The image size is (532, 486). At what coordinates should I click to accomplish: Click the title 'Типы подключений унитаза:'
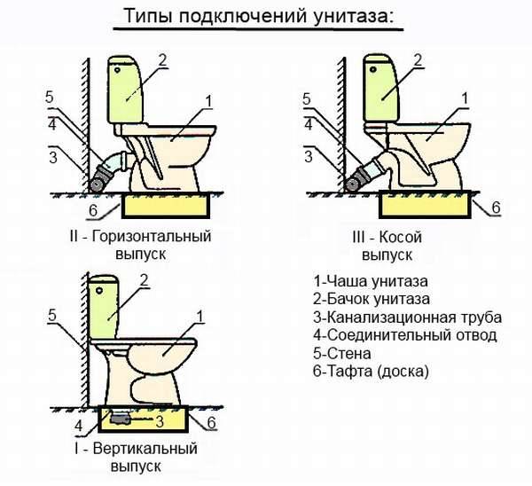(266, 18)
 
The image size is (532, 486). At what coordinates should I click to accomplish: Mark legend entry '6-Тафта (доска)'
(371, 372)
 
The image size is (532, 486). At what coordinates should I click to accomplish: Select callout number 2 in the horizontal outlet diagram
(163, 60)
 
